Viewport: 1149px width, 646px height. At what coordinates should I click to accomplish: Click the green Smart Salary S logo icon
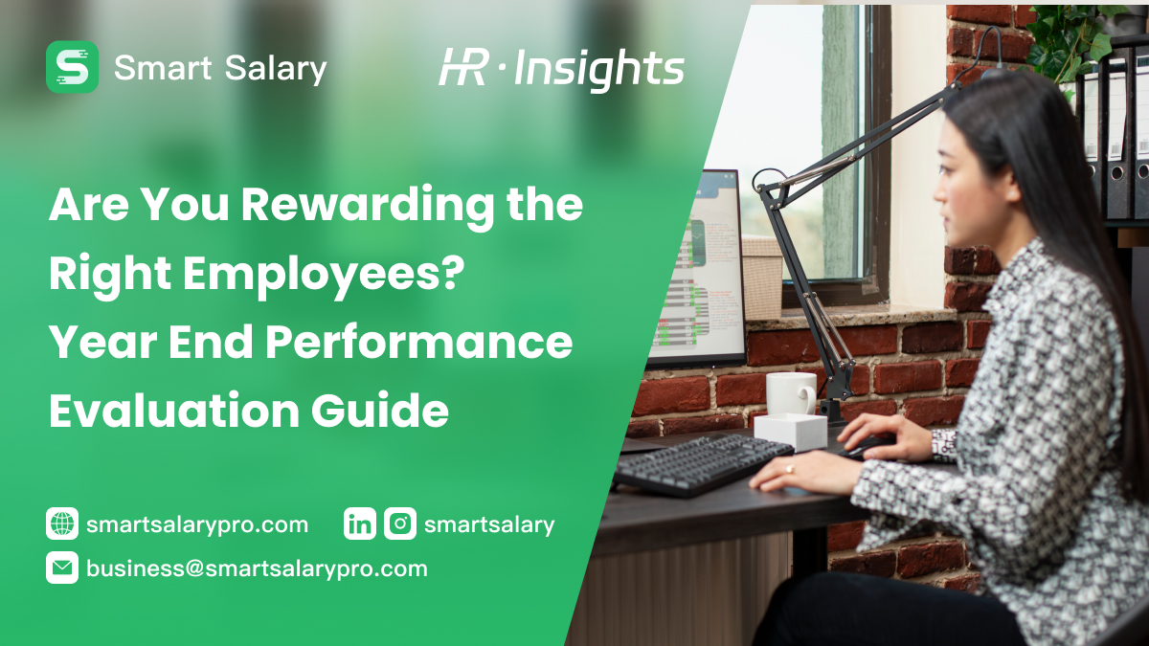coord(72,67)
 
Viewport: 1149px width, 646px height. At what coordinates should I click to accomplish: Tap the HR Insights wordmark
coord(562,69)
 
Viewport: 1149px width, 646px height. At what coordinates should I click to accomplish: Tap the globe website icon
coord(62,523)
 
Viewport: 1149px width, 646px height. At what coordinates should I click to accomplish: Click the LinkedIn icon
coord(360,523)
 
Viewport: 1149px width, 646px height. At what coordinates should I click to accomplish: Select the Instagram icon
coord(400,523)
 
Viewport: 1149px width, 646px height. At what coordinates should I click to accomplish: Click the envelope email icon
coord(62,568)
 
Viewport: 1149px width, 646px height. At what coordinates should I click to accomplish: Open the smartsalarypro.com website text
coord(197,524)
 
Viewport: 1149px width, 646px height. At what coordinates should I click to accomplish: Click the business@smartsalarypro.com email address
coord(257,568)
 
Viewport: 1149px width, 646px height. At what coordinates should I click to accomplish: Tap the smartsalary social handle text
coord(489,524)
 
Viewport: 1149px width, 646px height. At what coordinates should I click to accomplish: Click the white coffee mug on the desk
coord(790,393)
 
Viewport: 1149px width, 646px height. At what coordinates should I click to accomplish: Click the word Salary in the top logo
coord(277,68)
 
